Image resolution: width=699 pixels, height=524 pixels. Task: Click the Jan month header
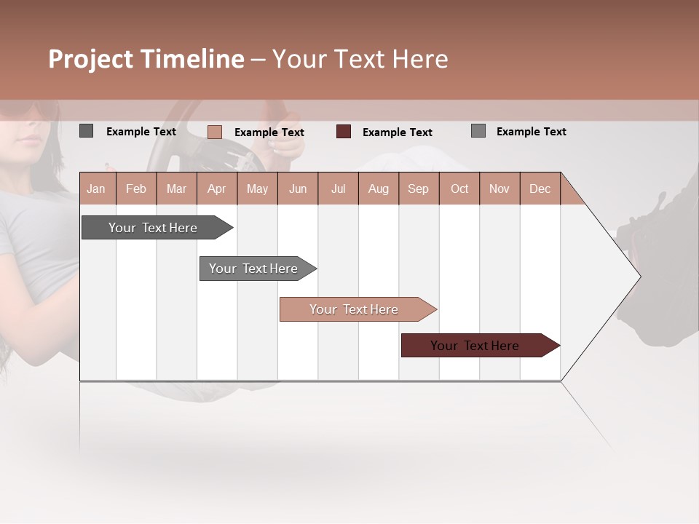coord(97,188)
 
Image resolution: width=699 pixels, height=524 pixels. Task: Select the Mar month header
coord(176,188)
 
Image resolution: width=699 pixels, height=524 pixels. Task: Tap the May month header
coord(257,188)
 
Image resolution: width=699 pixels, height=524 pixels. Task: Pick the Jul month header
coord(338,188)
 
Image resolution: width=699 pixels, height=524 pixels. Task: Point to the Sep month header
coord(418,188)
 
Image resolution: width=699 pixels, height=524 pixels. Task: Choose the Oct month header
coord(459,188)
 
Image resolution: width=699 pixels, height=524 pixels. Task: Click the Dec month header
coord(540,188)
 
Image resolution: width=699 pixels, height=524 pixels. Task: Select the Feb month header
coord(136,188)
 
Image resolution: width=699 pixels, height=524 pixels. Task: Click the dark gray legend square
coord(86,131)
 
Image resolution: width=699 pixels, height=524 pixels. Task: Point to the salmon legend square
coord(214,132)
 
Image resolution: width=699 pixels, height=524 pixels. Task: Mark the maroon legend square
coord(344,132)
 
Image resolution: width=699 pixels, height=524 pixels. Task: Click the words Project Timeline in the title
coord(146,59)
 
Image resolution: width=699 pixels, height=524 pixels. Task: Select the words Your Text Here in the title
coord(360,59)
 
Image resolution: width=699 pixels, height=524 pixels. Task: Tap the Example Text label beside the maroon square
coord(397,132)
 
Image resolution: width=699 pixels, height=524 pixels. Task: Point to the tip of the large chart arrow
coord(639,277)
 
